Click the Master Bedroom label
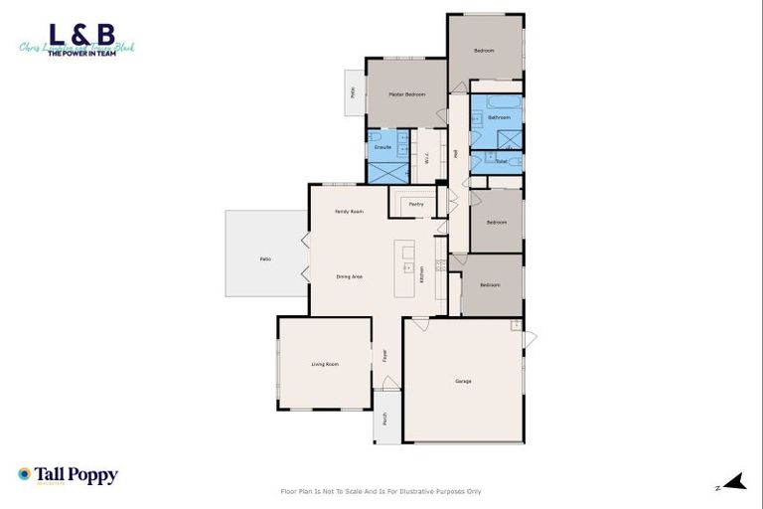406,94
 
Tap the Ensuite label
382,147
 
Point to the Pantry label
416,204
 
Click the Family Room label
349,212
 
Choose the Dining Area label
349,275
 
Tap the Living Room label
325,364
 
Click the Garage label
463,381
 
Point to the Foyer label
384,354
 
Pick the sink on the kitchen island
407,266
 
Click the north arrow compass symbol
733,483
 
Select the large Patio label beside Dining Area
265,259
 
